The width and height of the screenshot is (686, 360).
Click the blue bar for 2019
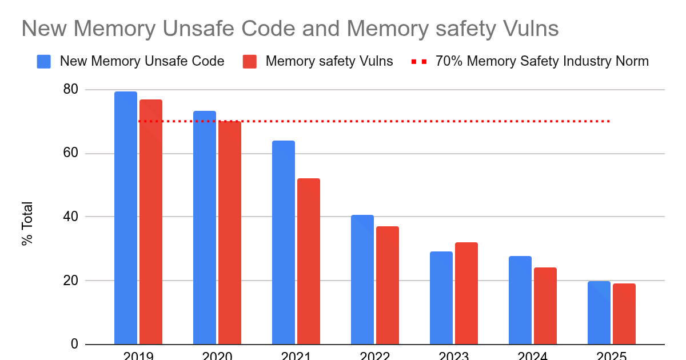[x=126, y=218]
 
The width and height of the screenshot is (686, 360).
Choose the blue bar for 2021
[x=284, y=242]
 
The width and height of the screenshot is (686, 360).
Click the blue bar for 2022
[x=362, y=279]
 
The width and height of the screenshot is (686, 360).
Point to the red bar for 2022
[x=388, y=285]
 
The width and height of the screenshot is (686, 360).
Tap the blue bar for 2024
[x=520, y=300]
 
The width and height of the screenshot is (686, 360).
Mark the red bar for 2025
[x=624, y=314]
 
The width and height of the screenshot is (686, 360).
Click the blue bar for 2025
[x=599, y=313]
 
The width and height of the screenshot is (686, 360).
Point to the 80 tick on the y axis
[x=71, y=90]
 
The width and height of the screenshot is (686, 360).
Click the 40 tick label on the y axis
[x=71, y=217]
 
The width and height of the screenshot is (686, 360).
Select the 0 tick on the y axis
[x=75, y=344]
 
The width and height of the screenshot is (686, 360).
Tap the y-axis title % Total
[x=27, y=223]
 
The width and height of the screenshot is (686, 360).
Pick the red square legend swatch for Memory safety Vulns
[x=250, y=61]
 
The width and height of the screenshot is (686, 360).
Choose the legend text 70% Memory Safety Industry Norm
[x=542, y=61]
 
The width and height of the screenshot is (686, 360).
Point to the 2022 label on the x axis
[x=374, y=355]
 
